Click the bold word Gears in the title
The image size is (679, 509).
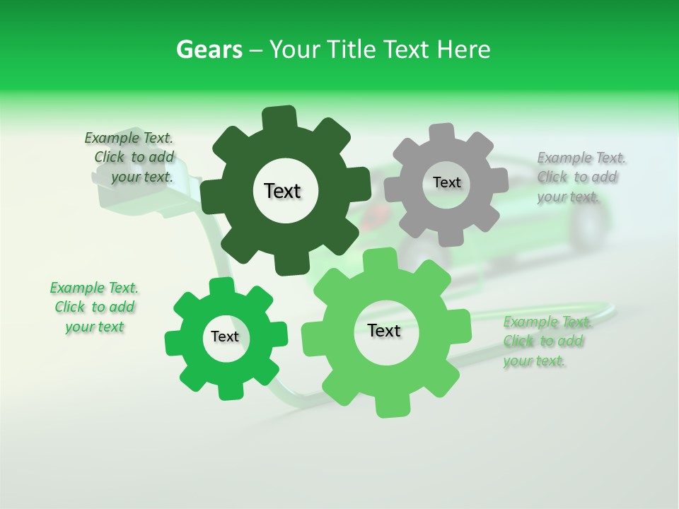pyautogui.click(x=209, y=49)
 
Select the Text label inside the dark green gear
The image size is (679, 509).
pyautogui.click(x=282, y=191)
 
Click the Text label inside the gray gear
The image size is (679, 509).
pyautogui.click(x=446, y=182)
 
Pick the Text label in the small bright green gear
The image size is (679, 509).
pyautogui.click(x=225, y=337)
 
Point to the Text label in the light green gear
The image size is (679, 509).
pyautogui.click(x=384, y=331)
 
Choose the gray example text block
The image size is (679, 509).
pyautogui.click(x=580, y=177)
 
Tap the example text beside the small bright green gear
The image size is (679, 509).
pyautogui.click(x=95, y=308)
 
